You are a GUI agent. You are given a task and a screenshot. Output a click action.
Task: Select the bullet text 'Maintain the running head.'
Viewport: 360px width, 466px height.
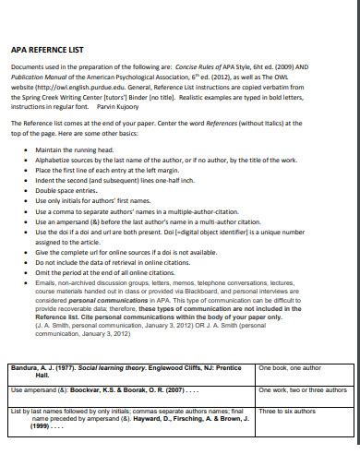point(74,149)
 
